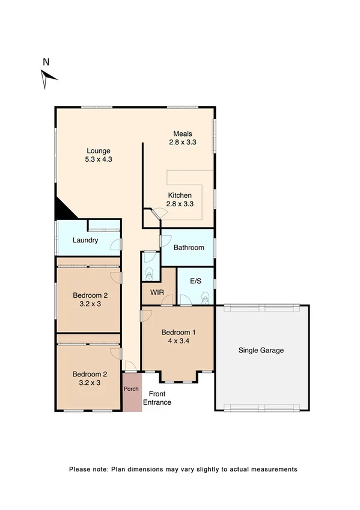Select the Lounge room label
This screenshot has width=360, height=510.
pos(99,150)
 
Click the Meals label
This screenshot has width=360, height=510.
pos(183,134)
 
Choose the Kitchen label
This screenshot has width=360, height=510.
pos(180,195)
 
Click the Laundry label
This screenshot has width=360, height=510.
pos(85,241)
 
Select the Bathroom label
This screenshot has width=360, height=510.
pos(189,247)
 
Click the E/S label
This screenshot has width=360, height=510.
pos(195,281)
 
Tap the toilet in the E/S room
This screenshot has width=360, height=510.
pos(205,296)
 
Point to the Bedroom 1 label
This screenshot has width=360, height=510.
pos(178,332)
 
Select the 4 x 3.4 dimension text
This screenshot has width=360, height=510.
pos(178,341)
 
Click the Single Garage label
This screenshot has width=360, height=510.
pos(261,350)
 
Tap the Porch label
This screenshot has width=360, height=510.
pos(131,389)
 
